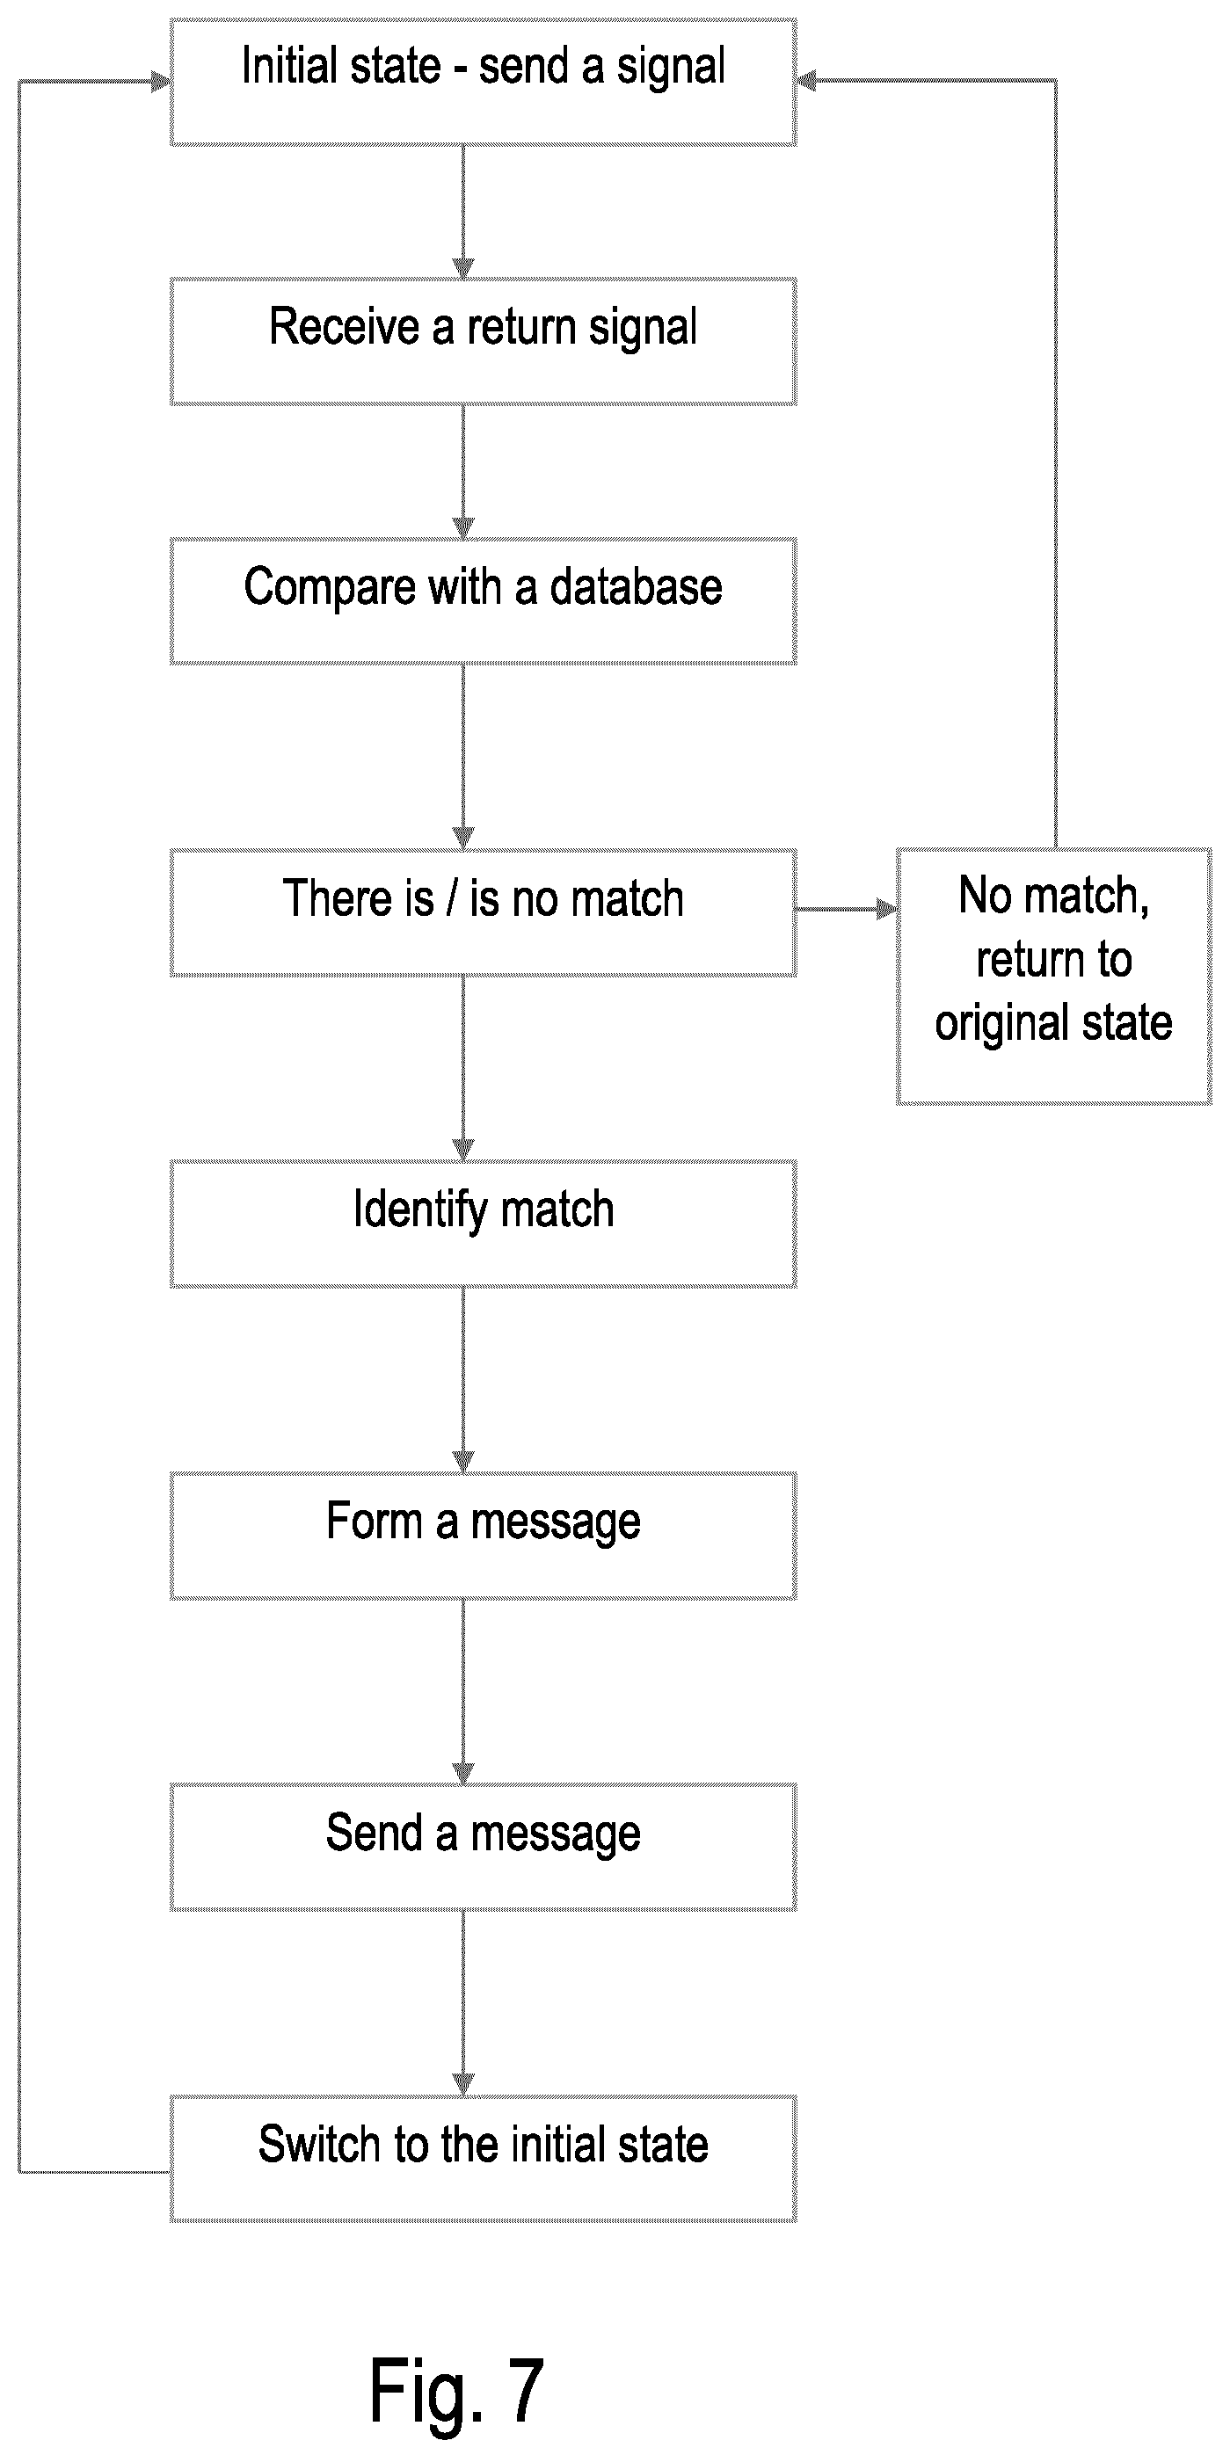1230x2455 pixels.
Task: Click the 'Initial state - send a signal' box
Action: (x=484, y=82)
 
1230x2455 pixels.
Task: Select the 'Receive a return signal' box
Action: (x=484, y=341)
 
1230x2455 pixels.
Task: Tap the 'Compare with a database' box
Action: (x=484, y=601)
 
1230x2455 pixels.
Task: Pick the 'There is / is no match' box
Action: (x=484, y=913)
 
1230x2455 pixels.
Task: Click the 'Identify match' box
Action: (x=484, y=1224)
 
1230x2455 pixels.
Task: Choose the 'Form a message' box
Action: (x=484, y=1536)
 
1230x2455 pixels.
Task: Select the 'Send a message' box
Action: (x=484, y=1847)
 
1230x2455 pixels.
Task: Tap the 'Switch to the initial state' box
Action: (x=484, y=2159)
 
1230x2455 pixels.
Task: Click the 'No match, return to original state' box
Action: (x=1053, y=976)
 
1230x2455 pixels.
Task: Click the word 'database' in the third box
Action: (x=636, y=587)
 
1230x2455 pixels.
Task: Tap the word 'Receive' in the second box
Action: (x=345, y=326)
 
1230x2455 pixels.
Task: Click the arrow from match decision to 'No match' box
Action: (x=847, y=909)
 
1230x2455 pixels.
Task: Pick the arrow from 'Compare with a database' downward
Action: (x=463, y=757)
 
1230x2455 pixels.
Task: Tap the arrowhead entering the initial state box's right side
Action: (x=806, y=81)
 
